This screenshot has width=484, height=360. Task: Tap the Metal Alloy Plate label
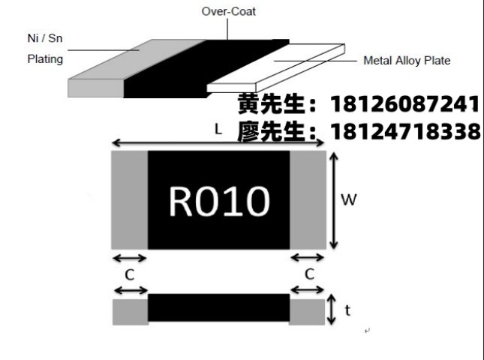point(407,61)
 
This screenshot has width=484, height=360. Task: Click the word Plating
point(45,58)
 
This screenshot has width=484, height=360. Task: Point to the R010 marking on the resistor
point(218,201)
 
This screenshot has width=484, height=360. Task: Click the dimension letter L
point(218,129)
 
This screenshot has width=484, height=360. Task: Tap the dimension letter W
point(348,200)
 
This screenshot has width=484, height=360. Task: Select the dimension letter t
point(347,309)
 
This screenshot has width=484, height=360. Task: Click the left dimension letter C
point(129,274)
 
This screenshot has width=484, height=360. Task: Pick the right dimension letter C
point(308,274)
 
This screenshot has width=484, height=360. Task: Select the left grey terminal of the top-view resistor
point(129,199)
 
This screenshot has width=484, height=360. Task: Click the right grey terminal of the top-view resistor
point(308,199)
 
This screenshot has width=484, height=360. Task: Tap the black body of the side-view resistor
point(218,309)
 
